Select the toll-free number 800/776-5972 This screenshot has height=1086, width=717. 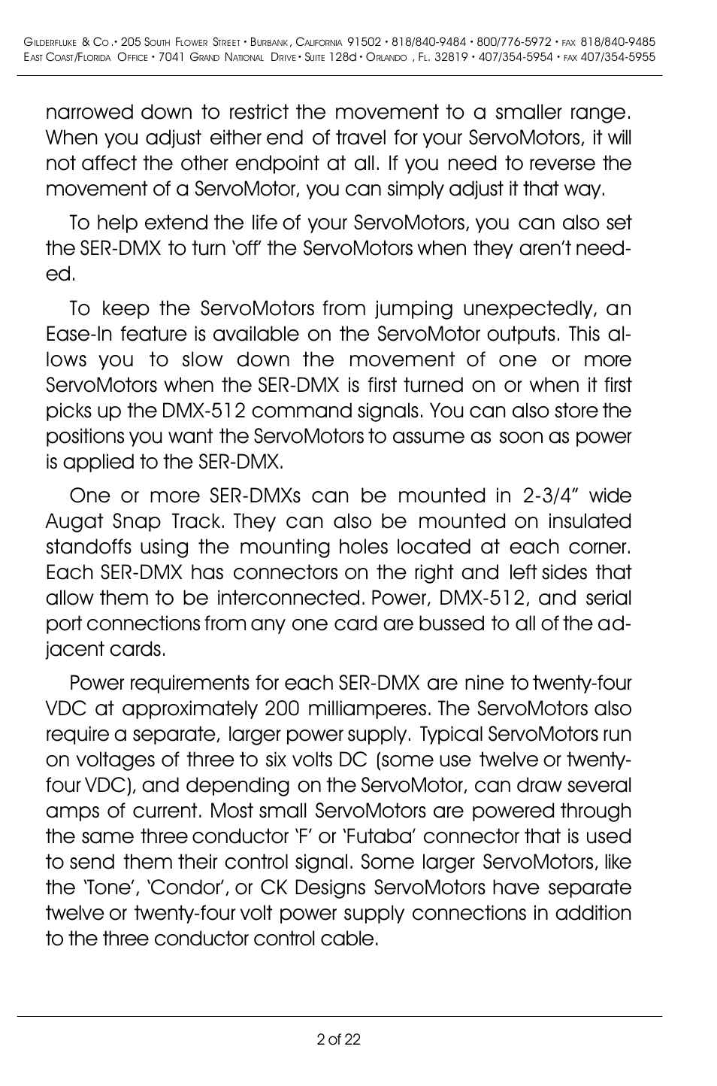coord(519,43)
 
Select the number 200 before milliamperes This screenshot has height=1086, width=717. coord(282,708)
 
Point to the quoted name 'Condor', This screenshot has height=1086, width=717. coord(189,887)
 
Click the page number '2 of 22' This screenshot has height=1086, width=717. coord(339,1039)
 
